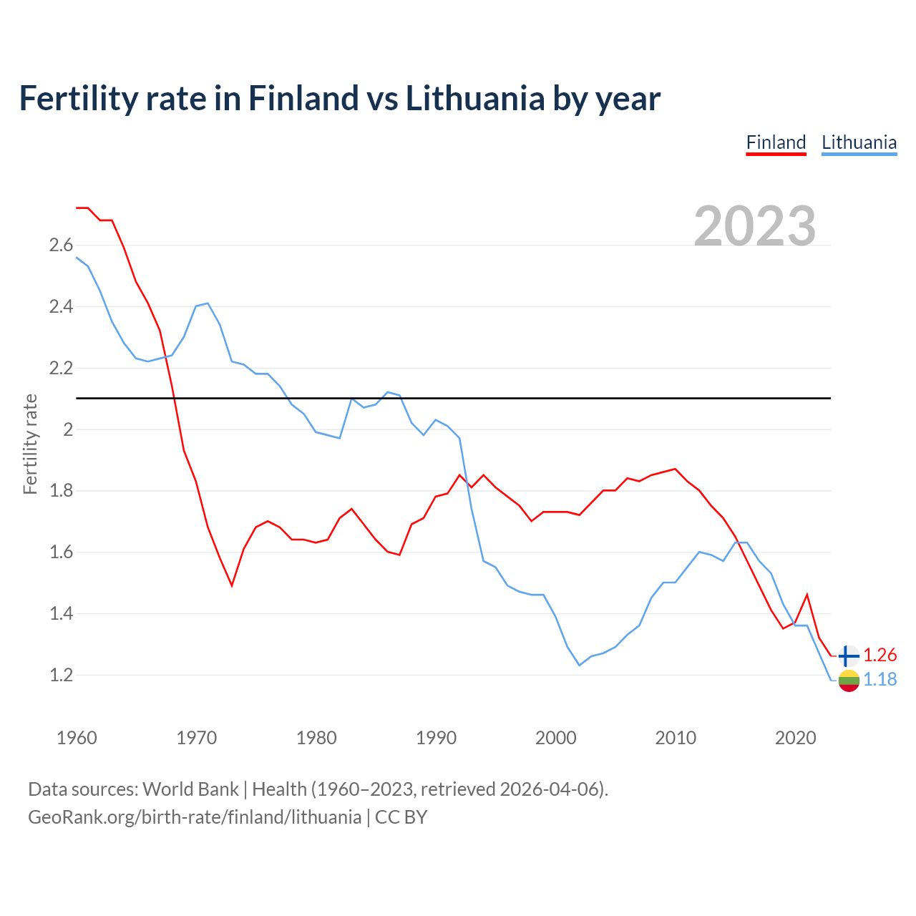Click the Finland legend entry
point(776,142)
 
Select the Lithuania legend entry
point(859,142)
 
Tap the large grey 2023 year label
point(755,226)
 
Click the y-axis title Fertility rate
point(30,444)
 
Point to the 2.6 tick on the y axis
point(61,245)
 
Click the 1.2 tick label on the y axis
point(61,675)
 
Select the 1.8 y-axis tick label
point(61,491)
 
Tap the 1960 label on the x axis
point(77,738)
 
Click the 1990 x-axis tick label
point(436,738)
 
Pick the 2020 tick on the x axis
point(795,738)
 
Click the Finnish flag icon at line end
point(848,656)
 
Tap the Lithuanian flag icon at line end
point(848,681)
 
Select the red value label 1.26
point(880,656)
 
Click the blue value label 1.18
point(880,680)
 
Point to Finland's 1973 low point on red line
point(232,585)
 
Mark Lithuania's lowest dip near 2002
point(580,666)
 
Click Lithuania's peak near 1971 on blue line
point(208,303)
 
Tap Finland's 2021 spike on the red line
point(807,595)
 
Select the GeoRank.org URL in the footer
point(195,817)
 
